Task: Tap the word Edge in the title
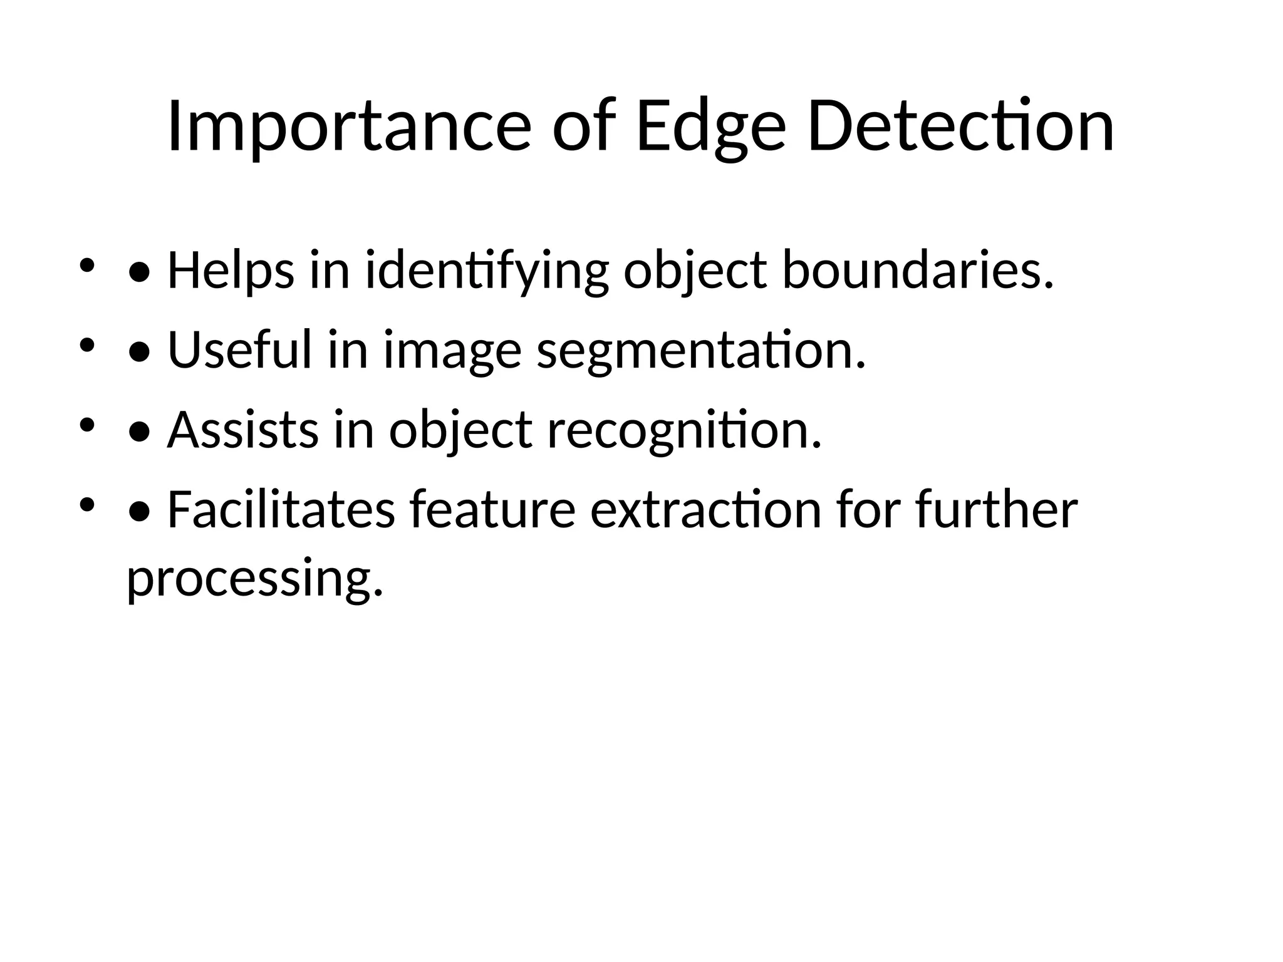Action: pyautogui.click(x=710, y=127)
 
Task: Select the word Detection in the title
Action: pyautogui.click(x=961, y=127)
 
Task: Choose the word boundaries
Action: pyautogui.click(x=918, y=271)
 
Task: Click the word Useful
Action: pyautogui.click(x=240, y=351)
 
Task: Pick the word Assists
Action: pyautogui.click(x=242, y=431)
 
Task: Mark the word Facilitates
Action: pyautogui.click(x=281, y=510)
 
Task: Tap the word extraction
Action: pyautogui.click(x=705, y=510)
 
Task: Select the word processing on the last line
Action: pyautogui.click(x=254, y=580)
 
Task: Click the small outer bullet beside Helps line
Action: pyautogui.click(x=86, y=266)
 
